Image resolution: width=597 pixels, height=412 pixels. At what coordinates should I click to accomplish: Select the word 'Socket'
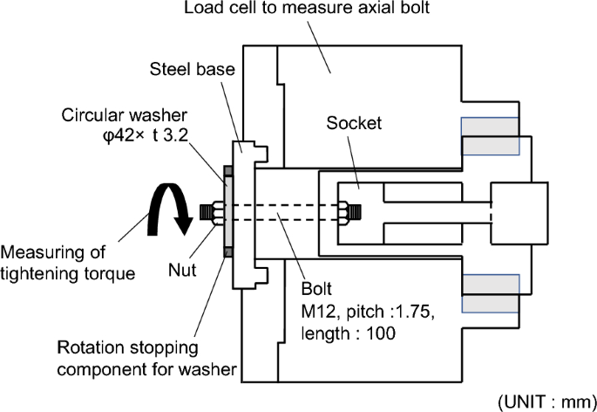pyautogui.click(x=354, y=123)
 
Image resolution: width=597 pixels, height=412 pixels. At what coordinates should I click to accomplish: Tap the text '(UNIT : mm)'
pyautogui.click(x=545, y=401)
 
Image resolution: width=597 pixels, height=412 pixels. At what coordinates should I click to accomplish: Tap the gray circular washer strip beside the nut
pyautogui.click(x=226, y=211)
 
